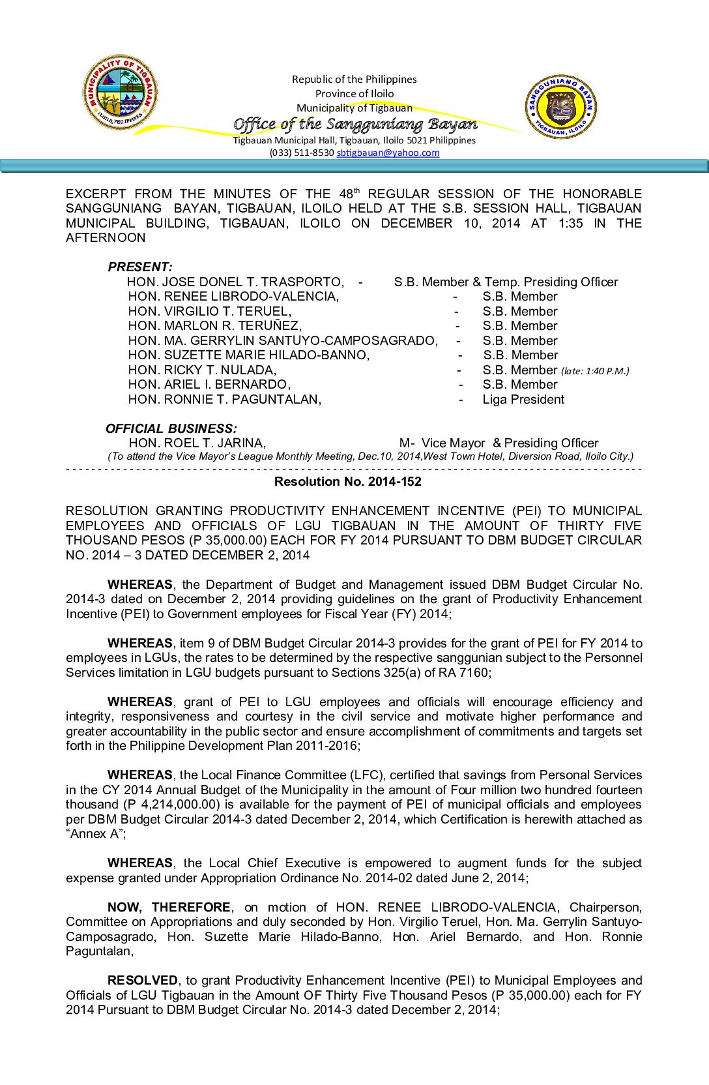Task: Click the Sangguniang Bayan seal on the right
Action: [560, 106]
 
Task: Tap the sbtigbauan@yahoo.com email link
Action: [388, 153]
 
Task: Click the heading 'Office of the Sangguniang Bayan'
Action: [355, 124]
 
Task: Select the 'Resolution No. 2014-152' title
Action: [347, 482]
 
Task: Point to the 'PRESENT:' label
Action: [140, 267]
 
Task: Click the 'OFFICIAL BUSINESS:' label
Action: [171, 428]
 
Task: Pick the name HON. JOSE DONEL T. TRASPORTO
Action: [235, 282]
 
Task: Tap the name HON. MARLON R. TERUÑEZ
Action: [215, 326]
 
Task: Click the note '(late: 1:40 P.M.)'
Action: [595, 371]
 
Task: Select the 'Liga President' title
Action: [523, 399]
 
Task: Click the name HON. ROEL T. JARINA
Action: [197, 443]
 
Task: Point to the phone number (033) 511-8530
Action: [302, 153]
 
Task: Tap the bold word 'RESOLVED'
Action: [142, 980]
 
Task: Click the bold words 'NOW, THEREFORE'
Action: [169, 907]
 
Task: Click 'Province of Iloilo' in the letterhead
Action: [354, 93]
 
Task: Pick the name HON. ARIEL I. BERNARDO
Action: [209, 385]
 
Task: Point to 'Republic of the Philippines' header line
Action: [354, 79]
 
